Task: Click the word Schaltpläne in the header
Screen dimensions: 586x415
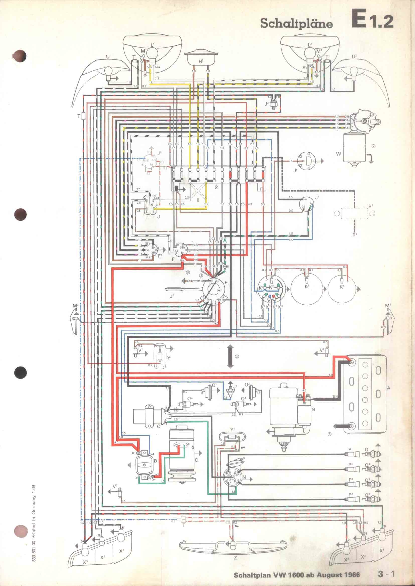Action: (x=296, y=24)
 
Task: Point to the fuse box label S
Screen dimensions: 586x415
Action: (x=216, y=187)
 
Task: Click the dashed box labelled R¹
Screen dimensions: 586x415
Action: (x=354, y=213)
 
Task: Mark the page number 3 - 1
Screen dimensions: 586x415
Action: (x=386, y=574)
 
